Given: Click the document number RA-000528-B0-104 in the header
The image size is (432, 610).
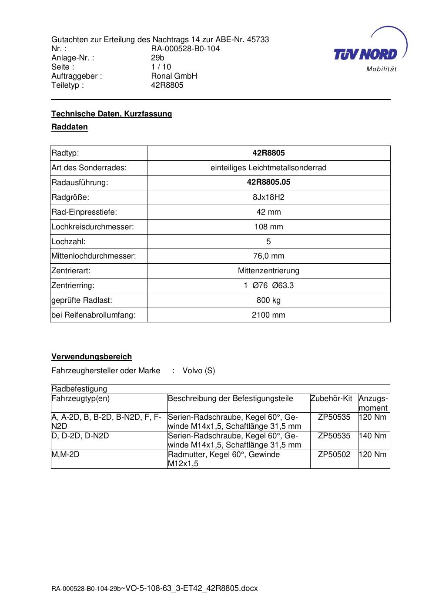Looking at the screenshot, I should (185, 49).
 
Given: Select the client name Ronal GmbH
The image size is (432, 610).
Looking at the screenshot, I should (174, 76).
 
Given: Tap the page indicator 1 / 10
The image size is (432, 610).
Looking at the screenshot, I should (161, 67).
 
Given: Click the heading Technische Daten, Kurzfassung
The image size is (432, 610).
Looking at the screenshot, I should (112, 114).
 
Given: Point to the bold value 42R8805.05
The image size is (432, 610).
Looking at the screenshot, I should (268, 182).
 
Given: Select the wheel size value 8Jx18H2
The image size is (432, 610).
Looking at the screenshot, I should (268, 197).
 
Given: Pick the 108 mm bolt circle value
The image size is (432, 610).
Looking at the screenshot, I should (268, 227).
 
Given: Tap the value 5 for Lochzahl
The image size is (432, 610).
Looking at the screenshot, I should (268, 242).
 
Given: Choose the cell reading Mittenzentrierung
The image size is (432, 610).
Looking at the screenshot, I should (268, 271).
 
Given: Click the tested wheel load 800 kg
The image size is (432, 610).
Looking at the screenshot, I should (268, 300).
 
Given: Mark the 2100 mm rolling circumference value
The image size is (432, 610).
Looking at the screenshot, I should (268, 315).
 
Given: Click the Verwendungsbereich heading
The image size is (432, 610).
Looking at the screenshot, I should (91, 357).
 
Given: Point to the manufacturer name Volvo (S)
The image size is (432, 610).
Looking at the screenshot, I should (199, 371).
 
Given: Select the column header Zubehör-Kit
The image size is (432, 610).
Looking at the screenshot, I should (332, 398).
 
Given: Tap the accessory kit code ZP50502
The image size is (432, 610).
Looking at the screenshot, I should (334, 454).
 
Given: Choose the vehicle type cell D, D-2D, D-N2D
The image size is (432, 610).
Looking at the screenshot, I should (80, 436).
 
